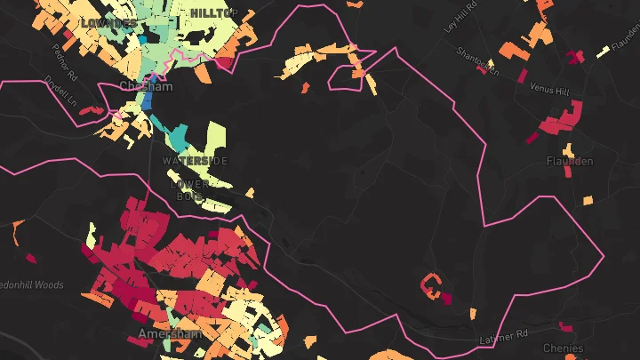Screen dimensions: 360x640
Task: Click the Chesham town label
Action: (x=138, y=85)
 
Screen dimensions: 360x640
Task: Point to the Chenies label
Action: (x=564, y=348)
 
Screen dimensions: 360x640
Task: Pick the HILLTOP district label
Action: (x=212, y=12)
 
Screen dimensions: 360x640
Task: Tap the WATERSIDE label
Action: (x=195, y=161)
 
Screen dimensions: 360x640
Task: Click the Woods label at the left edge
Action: (x=34, y=284)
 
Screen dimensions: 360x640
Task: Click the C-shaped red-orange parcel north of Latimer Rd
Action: (x=431, y=285)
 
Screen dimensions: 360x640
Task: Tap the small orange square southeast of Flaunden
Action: (x=587, y=201)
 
